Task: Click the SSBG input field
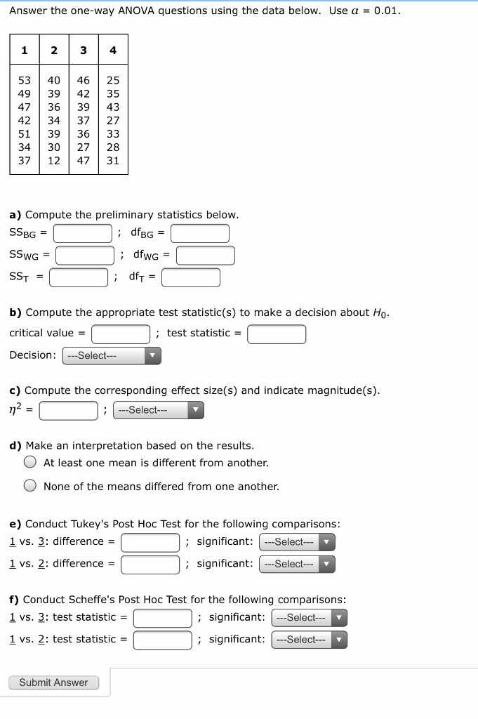point(83,233)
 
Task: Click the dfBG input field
point(200,233)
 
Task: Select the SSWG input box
point(85,256)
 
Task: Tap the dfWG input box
point(205,256)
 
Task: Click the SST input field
point(78,278)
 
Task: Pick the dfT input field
point(191,278)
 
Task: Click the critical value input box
point(121,334)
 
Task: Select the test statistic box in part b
point(277,334)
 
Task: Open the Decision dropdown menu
point(112,356)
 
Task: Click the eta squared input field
point(68,410)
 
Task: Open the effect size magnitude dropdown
point(159,410)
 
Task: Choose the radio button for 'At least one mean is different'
point(30,463)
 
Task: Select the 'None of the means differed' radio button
point(30,486)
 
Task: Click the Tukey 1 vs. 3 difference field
point(150,542)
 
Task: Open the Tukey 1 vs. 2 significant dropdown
point(297,564)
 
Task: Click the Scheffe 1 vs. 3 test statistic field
point(163,618)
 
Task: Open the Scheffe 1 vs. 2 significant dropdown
point(309,640)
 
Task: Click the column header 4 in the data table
point(113,51)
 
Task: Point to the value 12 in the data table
point(53,161)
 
